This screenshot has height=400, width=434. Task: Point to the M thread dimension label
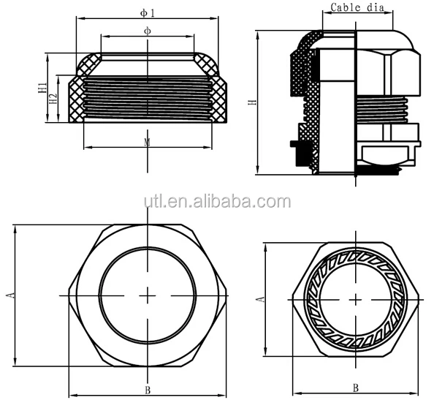point(148,141)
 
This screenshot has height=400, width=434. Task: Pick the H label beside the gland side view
point(252,102)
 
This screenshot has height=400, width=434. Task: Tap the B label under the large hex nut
point(148,390)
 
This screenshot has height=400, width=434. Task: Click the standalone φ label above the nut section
point(148,31)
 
